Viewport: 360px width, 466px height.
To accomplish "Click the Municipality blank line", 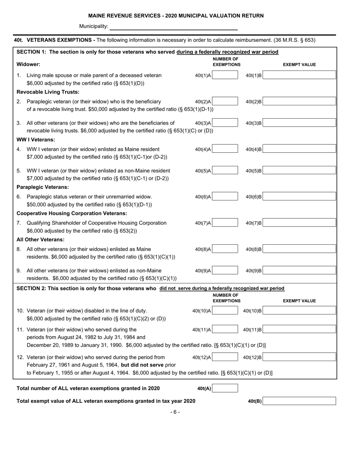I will [x=174, y=27].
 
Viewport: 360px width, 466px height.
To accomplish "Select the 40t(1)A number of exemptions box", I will [x=225, y=75].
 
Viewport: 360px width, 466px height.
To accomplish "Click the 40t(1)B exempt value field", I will [x=299, y=75].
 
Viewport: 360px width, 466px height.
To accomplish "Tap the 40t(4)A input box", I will [x=225, y=149].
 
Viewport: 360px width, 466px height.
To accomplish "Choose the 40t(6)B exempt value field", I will [x=299, y=197].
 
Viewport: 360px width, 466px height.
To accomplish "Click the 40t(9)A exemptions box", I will [x=225, y=271].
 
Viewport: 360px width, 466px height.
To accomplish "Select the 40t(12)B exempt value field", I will [x=299, y=357].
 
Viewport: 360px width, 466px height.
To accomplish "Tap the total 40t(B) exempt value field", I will [x=299, y=401].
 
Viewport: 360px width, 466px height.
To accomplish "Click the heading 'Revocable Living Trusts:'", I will [x=48, y=92].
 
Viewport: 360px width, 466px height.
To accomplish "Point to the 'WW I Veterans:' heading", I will [x=36, y=140].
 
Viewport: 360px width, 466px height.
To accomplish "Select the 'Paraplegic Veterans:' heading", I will [x=43, y=187].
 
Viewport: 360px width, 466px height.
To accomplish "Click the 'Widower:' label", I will [x=28, y=64].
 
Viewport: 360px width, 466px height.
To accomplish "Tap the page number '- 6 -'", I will [x=175, y=412].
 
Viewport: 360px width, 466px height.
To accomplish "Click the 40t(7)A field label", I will [x=203, y=223].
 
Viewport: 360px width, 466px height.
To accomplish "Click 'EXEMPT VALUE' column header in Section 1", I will [x=299, y=65].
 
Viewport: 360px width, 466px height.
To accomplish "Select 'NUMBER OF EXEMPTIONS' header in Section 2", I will [x=226, y=298].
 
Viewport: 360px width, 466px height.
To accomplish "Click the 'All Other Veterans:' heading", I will [x=41, y=239].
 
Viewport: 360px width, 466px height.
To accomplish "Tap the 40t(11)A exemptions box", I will [x=225, y=330].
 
